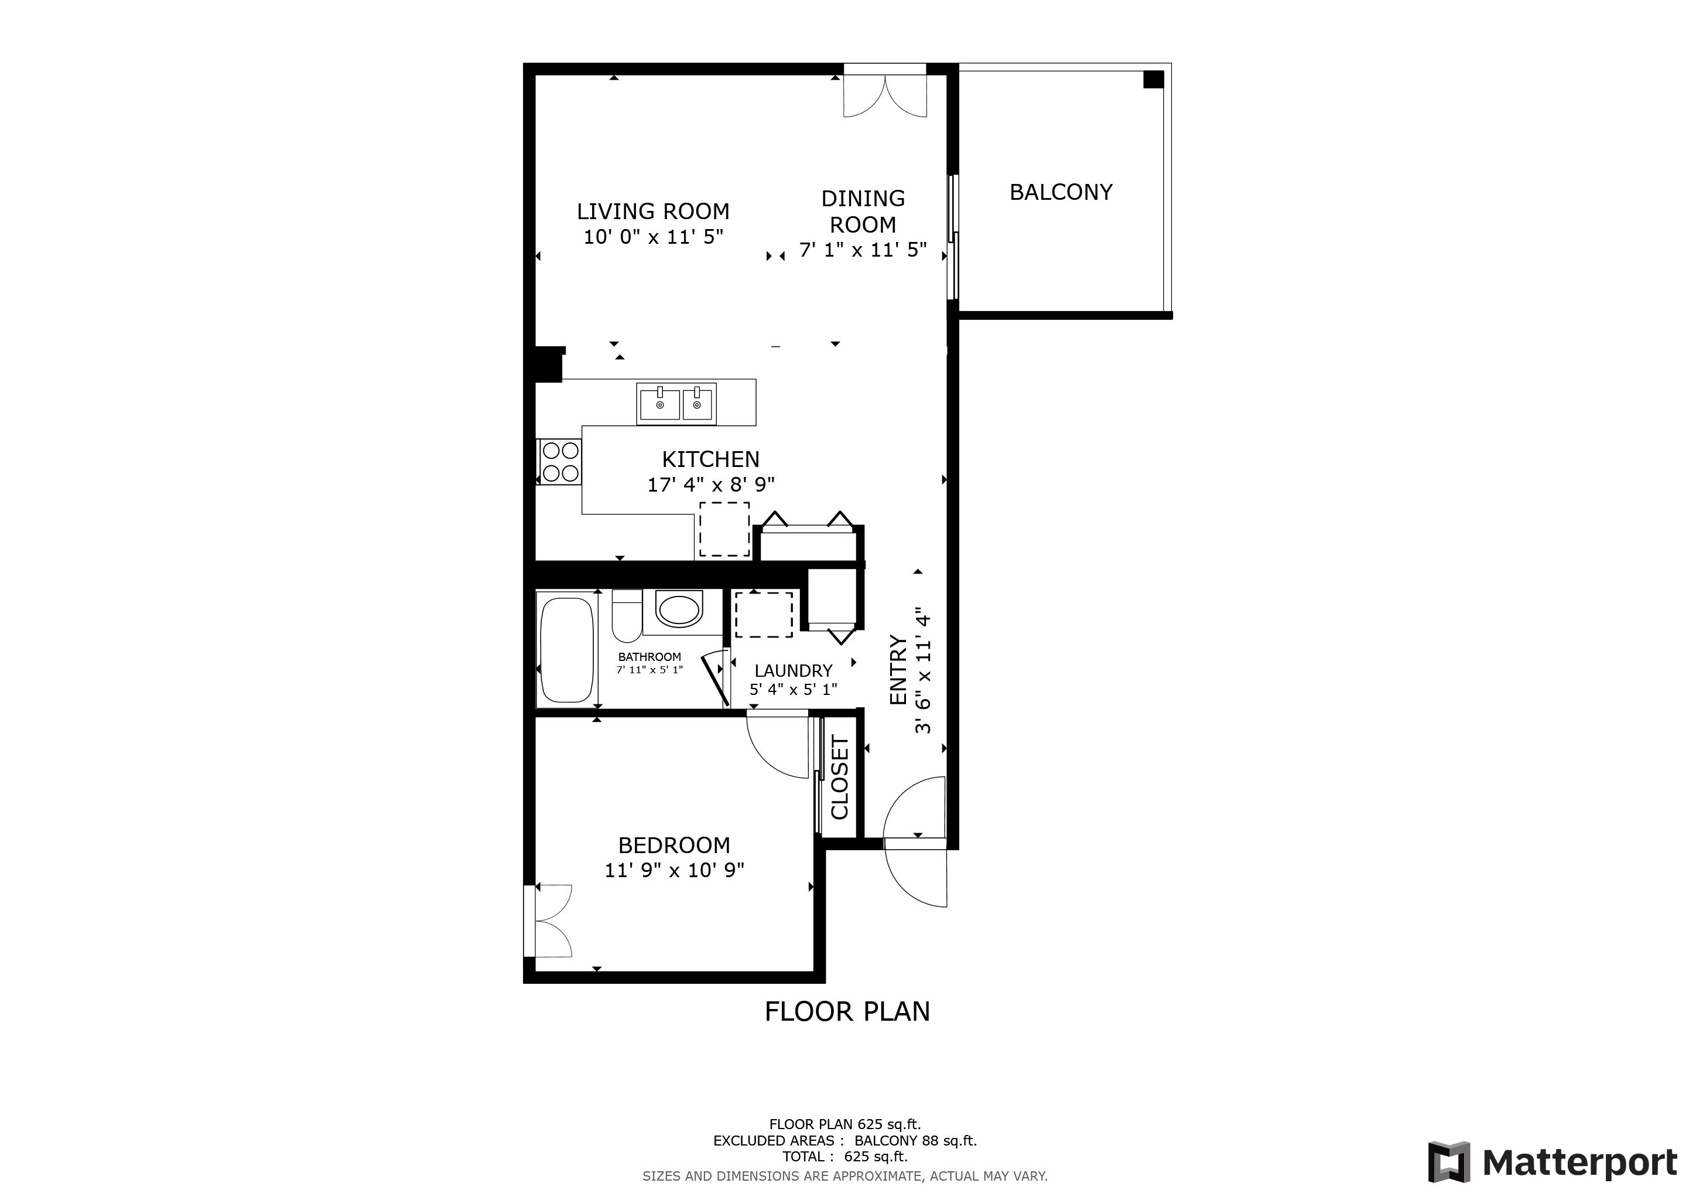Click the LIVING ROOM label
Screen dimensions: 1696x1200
click(653, 212)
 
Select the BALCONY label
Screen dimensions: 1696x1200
click(1061, 192)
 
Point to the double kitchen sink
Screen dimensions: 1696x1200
click(676, 404)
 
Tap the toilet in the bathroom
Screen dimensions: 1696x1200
click(627, 616)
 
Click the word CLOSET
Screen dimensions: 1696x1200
click(840, 778)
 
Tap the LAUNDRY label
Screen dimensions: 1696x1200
click(794, 670)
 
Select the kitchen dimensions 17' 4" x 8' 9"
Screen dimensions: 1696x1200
click(710, 485)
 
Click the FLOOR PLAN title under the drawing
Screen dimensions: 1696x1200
click(847, 1011)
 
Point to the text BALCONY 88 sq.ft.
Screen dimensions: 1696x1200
click(916, 1141)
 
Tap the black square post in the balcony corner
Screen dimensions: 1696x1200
click(1153, 80)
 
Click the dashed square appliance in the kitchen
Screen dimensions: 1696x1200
click(724, 529)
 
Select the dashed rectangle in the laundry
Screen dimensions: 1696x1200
click(764, 615)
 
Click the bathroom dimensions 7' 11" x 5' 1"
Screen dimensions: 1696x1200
click(649, 670)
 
